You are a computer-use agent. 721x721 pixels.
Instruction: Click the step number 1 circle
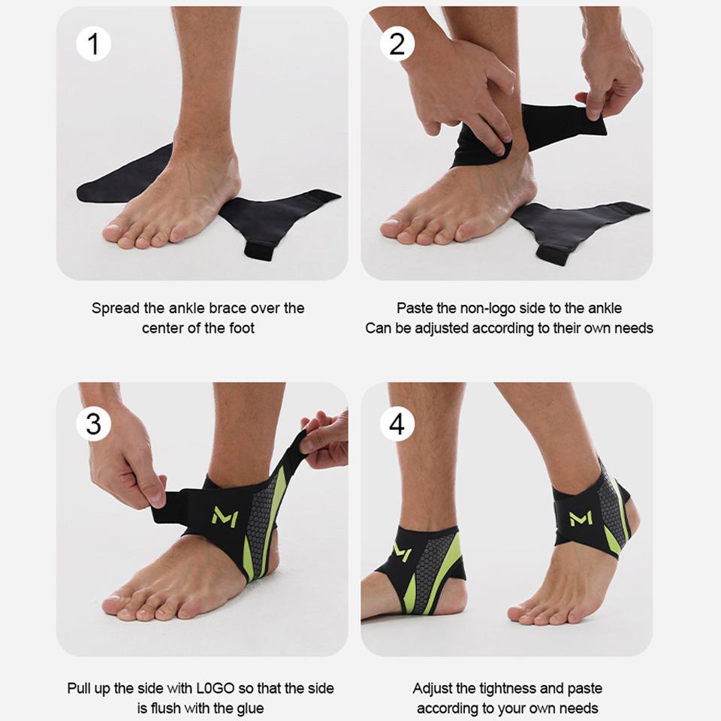pyautogui.click(x=93, y=44)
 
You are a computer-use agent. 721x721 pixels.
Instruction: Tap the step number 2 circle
pyautogui.click(x=397, y=44)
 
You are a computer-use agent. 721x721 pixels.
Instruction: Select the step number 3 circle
pyautogui.click(x=93, y=424)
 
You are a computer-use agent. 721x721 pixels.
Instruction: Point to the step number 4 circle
pyautogui.click(x=397, y=424)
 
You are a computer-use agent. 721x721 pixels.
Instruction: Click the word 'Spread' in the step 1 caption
pyautogui.click(x=116, y=309)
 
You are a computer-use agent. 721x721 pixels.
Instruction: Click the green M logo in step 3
pyautogui.click(x=225, y=516)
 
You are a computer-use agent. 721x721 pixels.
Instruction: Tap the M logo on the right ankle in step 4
pyautogui.click(x=581, y=517)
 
